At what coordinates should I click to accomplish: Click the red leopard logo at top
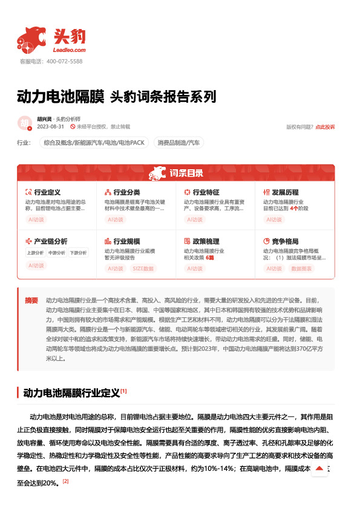tap(31, 39)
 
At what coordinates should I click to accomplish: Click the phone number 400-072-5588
tap(64, 61)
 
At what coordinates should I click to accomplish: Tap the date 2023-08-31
tap(50, 127)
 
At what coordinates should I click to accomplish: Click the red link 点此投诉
tap(325, 127)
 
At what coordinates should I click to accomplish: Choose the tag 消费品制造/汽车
tap(178, 143)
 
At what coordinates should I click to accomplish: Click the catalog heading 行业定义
tap(47, 192)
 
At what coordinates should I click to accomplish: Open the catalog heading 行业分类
tap(126, 192)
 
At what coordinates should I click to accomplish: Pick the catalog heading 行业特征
tap(206, 192)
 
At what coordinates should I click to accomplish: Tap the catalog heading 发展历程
tap(286, 192)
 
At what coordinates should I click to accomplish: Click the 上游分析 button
tap(36, 253)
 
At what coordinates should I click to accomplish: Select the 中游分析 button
tap(57, 253)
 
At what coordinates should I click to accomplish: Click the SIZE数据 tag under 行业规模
tap(143, 268)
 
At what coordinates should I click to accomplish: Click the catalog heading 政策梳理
tap(206, 240)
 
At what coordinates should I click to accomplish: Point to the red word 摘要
tap(31, 300)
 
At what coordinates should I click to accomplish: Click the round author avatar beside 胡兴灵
tap(25, 123)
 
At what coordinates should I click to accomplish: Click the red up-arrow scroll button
tap(319, 468)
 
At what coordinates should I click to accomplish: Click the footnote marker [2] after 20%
tap(66, 481)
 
